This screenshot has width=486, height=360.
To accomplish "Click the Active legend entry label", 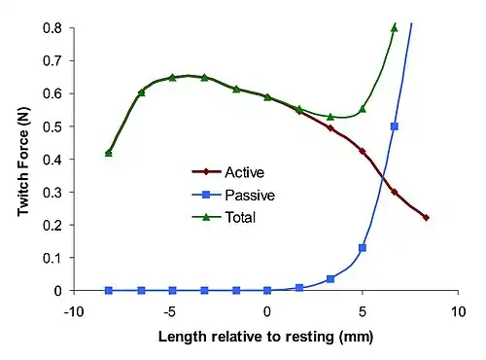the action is pyautogui.click(x=245, y=172).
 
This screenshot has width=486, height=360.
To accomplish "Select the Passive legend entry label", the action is pyautogui.click(x=250, y=195).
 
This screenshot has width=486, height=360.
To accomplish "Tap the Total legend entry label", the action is pyautogui.click(x=240, y=217).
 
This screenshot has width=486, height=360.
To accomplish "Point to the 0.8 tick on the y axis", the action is pyautogui.click(x=52, y=28).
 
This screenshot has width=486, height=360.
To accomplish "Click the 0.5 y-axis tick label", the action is pyautogui.click(x=52, y=126).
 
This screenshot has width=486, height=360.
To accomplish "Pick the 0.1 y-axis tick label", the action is pyautogui.click(x=52, y=258).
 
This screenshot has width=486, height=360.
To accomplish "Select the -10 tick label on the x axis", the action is pyautogui.click(x=74, y=312).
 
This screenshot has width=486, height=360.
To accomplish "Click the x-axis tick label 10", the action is pyautogui.click(x=458, y=312).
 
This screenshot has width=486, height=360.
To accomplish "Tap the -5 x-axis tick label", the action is pyautogui.click(x=169, y=312).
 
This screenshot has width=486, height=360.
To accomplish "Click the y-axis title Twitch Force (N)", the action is pyautogui.click(x=23, y=162).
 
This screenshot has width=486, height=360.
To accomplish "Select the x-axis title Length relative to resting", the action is pyautogui.click(x=246, y=337).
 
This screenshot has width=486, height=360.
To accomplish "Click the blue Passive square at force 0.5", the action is pyautogui.click(x=395, y=126).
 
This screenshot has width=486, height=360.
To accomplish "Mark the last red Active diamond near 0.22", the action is pyautogui.click(x=426, y=218).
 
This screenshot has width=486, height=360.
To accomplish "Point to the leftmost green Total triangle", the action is pyautogui.click(x=109, y=153).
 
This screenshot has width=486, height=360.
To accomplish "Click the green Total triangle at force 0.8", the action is pyautogui.click(x=395, y=28).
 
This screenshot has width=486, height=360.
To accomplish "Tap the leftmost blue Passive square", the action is pyautogui.click(x=109, y=291).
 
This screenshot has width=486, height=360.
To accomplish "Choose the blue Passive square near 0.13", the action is pyautogui.click(x=363, y=248).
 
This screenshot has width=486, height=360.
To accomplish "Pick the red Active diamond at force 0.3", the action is pyautogui.click(x=395, y=192).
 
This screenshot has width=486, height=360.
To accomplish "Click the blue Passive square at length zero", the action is pyautogui.click(x=267, y=291).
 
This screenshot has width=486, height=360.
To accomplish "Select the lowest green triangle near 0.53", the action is pyautogui.click(x=330, y=117).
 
